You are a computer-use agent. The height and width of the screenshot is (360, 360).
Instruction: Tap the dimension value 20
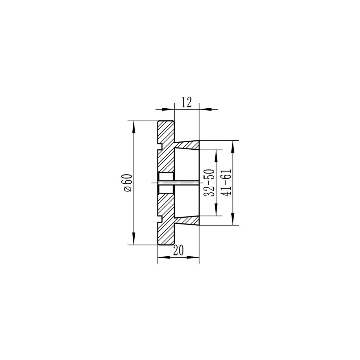[179, 250]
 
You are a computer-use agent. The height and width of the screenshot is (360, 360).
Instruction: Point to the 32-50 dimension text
[209, 183]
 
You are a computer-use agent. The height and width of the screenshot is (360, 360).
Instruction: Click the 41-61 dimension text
[226, 183]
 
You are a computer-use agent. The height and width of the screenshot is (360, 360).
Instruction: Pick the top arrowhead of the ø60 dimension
[134, 127]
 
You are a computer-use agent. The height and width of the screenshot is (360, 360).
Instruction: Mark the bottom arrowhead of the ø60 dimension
[134, 238]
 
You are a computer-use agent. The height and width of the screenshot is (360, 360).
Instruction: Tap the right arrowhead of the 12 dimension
[205, 109]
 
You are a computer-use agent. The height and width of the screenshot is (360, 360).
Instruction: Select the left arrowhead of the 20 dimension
[164, 257]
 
